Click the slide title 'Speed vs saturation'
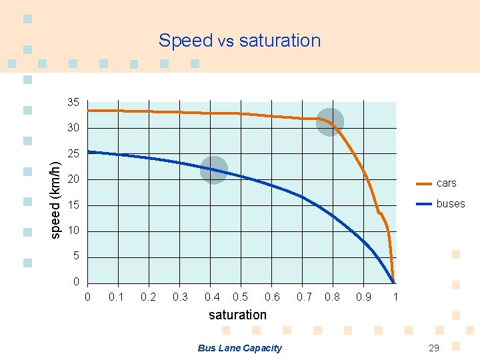click(239, 41)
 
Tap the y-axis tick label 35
click(73, 103)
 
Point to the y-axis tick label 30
click(73, 128)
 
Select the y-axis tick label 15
click(73, 205)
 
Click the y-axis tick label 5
click(76, 257)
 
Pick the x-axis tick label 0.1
click(117, 297)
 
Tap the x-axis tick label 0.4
click(213, 297)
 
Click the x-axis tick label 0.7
click(304, 297)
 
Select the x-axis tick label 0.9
click(364, 297)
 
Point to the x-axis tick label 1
click(395, 297)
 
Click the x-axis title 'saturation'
click(237, 315)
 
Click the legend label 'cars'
click(447, 183)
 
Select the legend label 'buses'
click(451, 204)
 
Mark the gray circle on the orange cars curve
click(329, 121)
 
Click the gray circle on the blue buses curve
click(213, 169)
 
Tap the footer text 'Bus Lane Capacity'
click(240, 348)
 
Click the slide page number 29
click(433, 348)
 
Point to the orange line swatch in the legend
click(424, 183)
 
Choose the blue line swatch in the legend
click(424, 204)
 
